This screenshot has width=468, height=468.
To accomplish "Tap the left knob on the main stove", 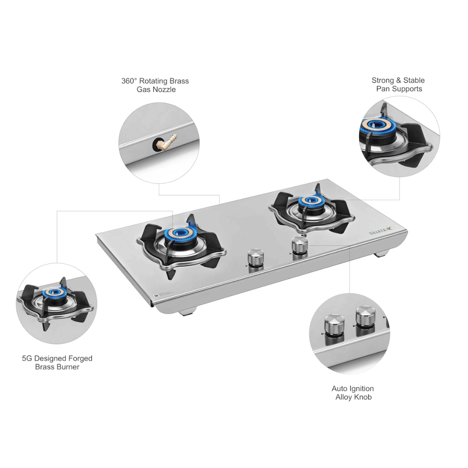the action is [x=256, y=258].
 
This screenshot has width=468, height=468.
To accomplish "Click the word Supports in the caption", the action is [x=408, y=89].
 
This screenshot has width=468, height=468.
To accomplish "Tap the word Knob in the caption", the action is [x=362, y=397].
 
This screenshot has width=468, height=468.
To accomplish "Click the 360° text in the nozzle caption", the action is [x=129, y=81].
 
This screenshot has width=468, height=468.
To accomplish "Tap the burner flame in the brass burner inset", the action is [x=54, y=292].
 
